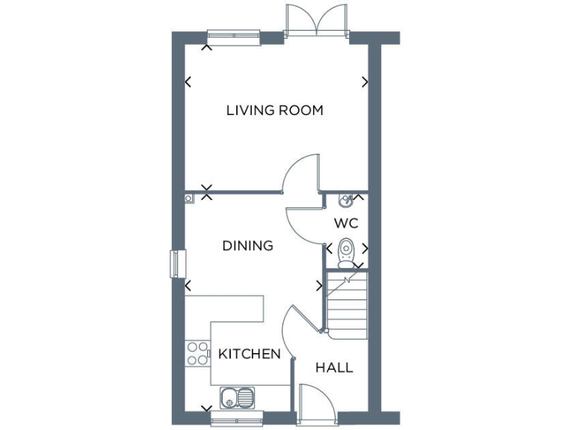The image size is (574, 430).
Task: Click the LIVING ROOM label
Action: pyautogui.click(x=274, y=110)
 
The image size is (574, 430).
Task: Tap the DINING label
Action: pyautogui.click(x=247, y=245)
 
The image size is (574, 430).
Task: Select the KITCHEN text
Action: pyautogui.click(x=250, y=354)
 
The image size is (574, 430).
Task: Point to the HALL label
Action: pyautogui.click(x=334, y=367)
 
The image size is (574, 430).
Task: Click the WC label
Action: pyautogui.click(x=346, y=222)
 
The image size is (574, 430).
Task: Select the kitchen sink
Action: pyautogui.click(x=238, y=396)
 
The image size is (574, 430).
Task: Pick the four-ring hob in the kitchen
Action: pyautogui.click(x=197, y=352)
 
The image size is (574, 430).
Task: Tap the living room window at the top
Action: pyautogui.click(x=233, y=36)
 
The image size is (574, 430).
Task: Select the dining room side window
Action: pyautogui.click(x=177, y=264)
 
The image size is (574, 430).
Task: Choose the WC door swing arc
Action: pyautogui.click(x=302, y=221)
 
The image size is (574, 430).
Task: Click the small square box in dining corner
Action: pyautogui.click(x=190, y=198)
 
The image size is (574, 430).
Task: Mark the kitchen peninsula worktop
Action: pyautogui.click(x=224, y=308)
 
